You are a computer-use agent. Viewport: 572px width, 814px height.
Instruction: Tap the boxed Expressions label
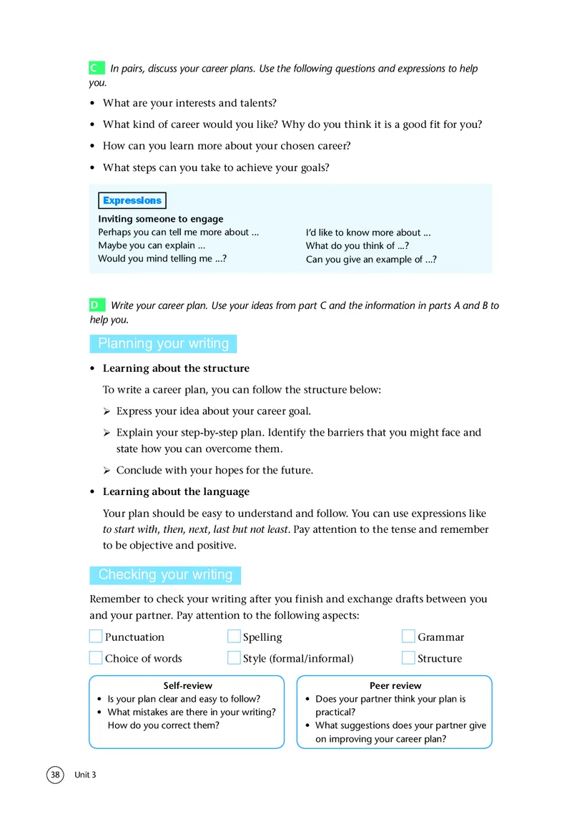click(x=132, y=200)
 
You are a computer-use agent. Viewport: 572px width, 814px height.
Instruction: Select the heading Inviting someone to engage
click(x=161, y=219)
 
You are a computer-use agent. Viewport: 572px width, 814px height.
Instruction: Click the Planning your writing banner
click(x=163, y=344)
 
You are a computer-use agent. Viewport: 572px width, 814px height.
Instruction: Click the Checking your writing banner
click(x=165, y=575)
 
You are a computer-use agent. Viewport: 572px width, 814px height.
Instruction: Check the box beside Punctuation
click(x=96, y=637)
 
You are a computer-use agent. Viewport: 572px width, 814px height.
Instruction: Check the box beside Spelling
click(x=234, y=637)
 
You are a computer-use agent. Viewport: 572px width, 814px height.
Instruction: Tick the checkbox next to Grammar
click(x=408, y=637)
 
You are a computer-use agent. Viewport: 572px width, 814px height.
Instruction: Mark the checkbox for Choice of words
click(x=96, y=658)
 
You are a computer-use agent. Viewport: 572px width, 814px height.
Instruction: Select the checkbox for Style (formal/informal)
click(x=234, y=658)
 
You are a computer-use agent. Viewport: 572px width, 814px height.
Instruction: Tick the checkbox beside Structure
click(x=408, y=658)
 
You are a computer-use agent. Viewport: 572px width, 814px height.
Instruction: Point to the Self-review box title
click(x=187, y=685)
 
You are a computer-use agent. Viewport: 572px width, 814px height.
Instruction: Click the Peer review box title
click(x=395, y=685)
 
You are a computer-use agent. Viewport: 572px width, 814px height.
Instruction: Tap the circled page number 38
click(x=56, y=775)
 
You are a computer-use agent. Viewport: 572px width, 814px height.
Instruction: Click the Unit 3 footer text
click(x=85, y=775)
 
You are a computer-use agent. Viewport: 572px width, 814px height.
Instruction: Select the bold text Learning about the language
click(x=176, y=491)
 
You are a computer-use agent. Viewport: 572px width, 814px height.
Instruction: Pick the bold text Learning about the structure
click(x=176, y=368)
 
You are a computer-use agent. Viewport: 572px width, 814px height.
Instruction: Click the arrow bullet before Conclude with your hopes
click(x=107, y=471)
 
